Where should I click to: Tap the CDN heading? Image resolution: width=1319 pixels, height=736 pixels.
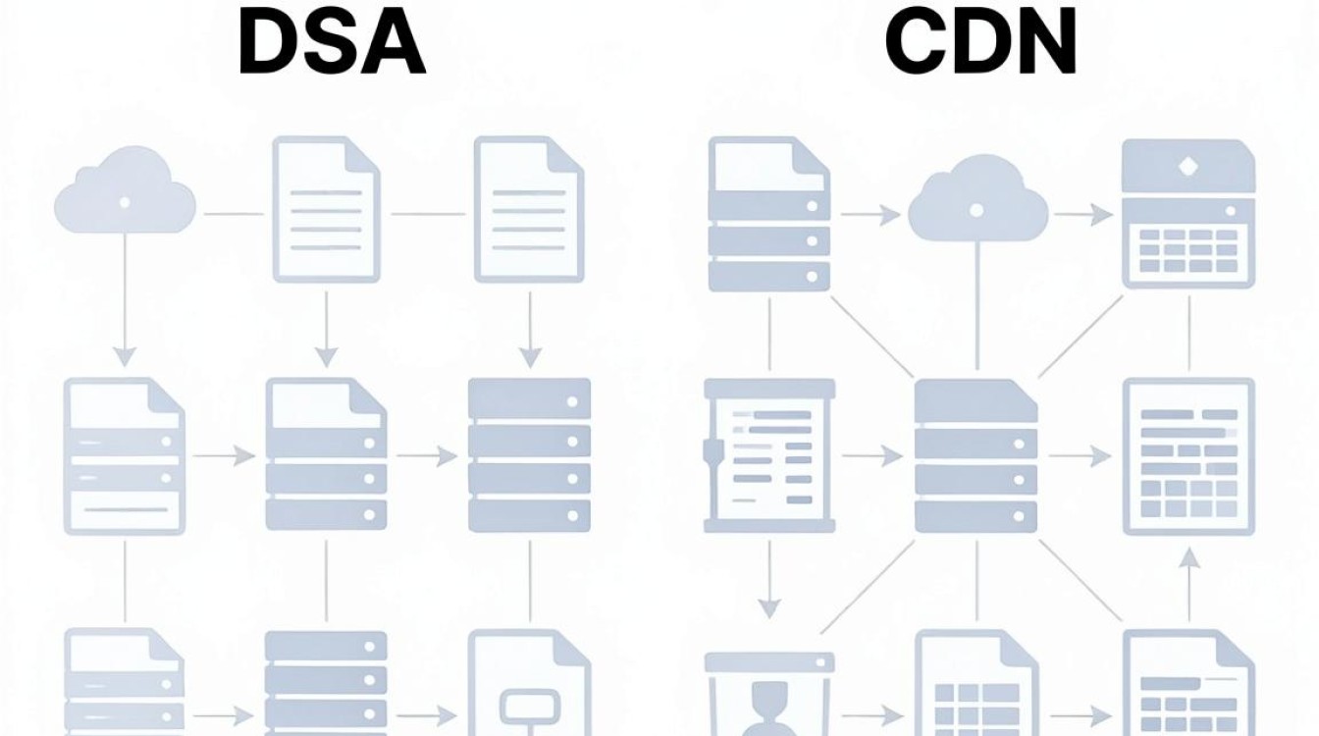[980, 42]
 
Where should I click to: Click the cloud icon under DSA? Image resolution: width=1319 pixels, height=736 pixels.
[125, 189]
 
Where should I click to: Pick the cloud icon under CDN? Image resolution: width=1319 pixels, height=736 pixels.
[978, 197]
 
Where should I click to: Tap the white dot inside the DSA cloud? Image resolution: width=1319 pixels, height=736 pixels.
[125, 202]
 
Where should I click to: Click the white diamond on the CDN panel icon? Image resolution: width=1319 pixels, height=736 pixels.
[1188, 167]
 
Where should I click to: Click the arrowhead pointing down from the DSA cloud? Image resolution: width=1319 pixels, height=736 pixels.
[125, 357]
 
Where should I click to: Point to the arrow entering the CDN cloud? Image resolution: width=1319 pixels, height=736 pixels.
[871, 215]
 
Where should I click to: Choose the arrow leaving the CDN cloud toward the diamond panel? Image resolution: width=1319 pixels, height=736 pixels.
[1082, 214]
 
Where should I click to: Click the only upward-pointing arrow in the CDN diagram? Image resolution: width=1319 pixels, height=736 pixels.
[1189, 584]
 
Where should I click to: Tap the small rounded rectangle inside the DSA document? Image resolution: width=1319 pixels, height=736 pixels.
[529, 706]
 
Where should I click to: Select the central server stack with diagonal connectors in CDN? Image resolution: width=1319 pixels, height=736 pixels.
[976, 456]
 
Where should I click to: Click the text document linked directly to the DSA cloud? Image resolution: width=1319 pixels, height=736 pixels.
[326, 210]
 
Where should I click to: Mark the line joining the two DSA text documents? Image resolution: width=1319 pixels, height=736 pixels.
[428, 214]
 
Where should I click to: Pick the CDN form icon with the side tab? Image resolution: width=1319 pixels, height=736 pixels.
[769, 456]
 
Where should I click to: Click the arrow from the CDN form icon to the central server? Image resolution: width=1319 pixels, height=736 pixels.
[872, 455]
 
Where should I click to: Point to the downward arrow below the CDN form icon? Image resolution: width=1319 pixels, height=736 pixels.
[769, 579]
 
